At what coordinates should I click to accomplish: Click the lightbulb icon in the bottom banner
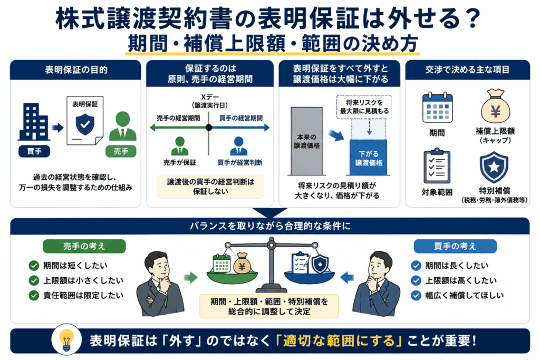66,340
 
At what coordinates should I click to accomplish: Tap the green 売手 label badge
121,151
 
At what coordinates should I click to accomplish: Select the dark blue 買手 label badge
34,151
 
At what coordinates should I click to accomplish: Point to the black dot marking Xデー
209,128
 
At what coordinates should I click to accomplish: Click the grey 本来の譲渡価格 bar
306,141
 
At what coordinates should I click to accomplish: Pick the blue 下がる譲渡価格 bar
368,158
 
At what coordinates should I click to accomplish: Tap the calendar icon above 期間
437,108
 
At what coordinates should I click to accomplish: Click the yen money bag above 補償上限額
495,106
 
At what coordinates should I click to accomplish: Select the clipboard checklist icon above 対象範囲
437,166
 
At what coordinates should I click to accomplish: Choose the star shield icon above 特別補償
494,167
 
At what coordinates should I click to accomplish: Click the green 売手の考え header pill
84,246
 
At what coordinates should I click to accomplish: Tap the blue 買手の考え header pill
455,246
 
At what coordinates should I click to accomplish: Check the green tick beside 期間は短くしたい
34,265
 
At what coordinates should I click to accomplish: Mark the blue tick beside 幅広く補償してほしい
416,295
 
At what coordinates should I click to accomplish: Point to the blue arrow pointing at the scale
347,277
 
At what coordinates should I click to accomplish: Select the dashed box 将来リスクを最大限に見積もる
364,107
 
